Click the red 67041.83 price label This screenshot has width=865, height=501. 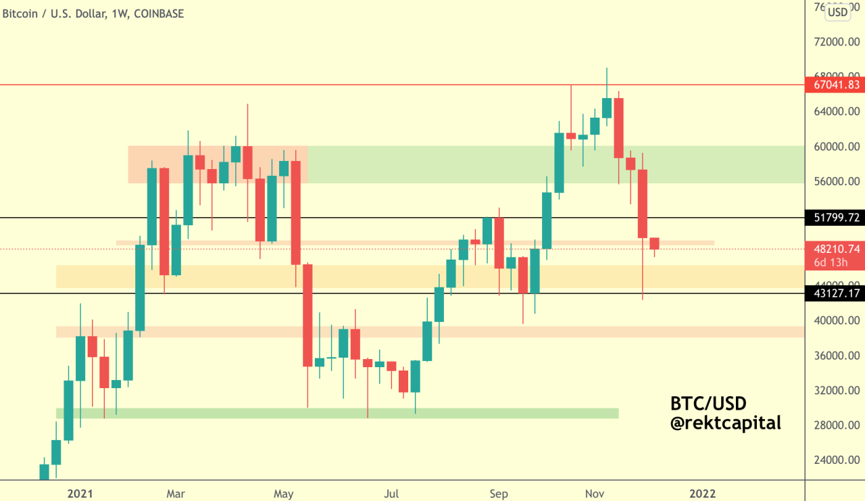tap(835, 85)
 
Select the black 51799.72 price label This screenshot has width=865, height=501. tap(835, 218)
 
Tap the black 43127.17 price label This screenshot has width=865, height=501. tap(835, 293)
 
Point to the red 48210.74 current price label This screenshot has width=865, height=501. tap(835, 249)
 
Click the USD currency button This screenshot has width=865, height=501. tap(838, 11)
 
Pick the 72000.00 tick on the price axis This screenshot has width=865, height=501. tap(836, 42)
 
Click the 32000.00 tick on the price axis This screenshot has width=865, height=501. tap(836, 391)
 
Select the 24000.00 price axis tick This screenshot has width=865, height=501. tap(836, 460)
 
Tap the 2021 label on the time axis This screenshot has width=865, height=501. tap(80, 494)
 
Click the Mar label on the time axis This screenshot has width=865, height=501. tap(176, 494)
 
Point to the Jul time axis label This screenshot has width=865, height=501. tap(391, 494)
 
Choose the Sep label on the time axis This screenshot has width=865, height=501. tap(499, 494)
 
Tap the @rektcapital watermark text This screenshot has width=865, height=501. tap(725, 423)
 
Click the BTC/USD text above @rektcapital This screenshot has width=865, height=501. tap(708, 404)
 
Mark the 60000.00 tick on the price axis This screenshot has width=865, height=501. tap(836, 147)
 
